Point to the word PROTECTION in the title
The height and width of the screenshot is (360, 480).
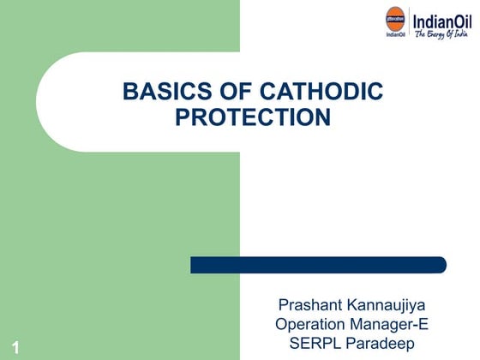pyautogui.click(x=253, y=117)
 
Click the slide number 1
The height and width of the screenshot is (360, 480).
pyautogui.click(x=17, y=347)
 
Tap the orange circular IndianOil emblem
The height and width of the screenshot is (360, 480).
pyautogui.click(x=396, y=19)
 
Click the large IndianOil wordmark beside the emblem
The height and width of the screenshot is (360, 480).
pyautogui.click(x=442, y=18)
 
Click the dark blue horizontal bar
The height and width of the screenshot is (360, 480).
pyautogui.click(x=318, y=265)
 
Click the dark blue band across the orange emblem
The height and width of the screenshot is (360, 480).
pyautogui.click(x=396, y=19)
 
